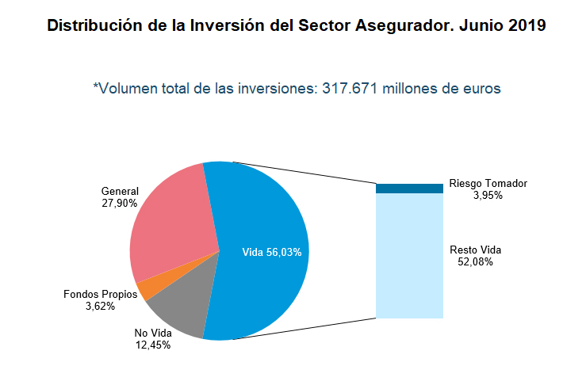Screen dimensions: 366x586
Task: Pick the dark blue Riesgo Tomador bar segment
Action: coord(409,189)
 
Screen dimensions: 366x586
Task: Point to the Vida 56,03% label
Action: coord(271,252)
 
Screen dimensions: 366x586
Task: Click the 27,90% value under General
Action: coord(120,204)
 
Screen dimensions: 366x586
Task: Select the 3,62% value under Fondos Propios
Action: coord(101,306)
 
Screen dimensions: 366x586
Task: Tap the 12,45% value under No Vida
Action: coord(152,345)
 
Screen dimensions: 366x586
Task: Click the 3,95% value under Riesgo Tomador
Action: coord(488,195)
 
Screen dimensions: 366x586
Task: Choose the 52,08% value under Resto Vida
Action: coord(475,262)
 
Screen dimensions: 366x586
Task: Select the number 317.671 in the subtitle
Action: coord(350,89)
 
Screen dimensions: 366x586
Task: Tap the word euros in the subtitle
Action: coord(482,89)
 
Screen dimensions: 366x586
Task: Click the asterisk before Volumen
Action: coord(95,86)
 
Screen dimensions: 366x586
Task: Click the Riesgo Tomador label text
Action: coord(488,183)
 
